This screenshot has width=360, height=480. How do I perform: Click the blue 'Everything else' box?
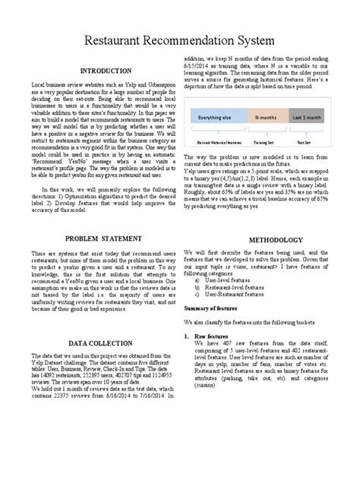pos(219,118)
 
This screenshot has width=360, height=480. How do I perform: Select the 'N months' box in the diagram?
pos(266,118)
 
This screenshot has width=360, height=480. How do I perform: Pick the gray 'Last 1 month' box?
pos(307,118)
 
